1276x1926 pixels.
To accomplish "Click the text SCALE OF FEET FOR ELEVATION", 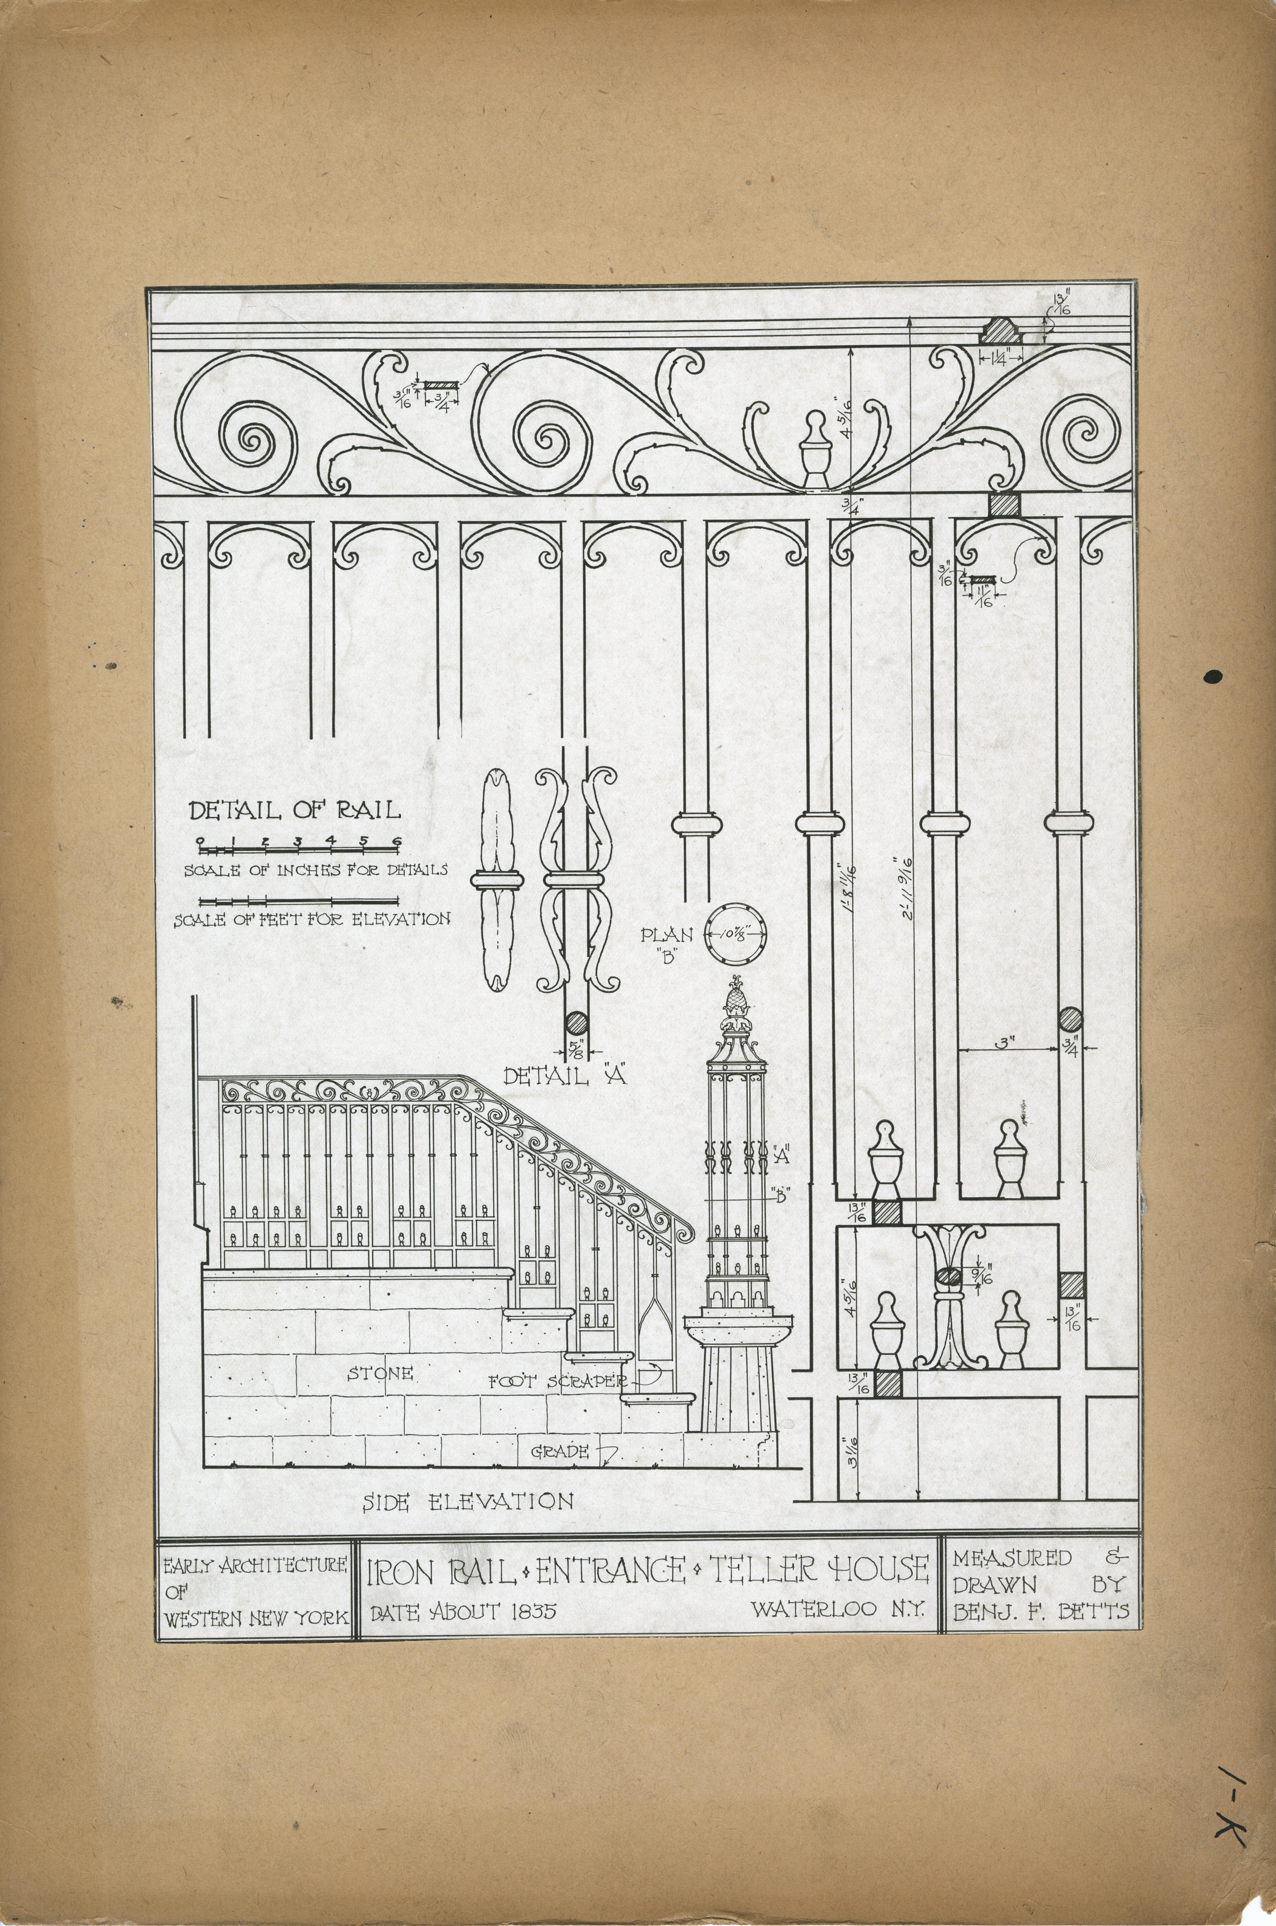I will (x=312, y=920).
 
